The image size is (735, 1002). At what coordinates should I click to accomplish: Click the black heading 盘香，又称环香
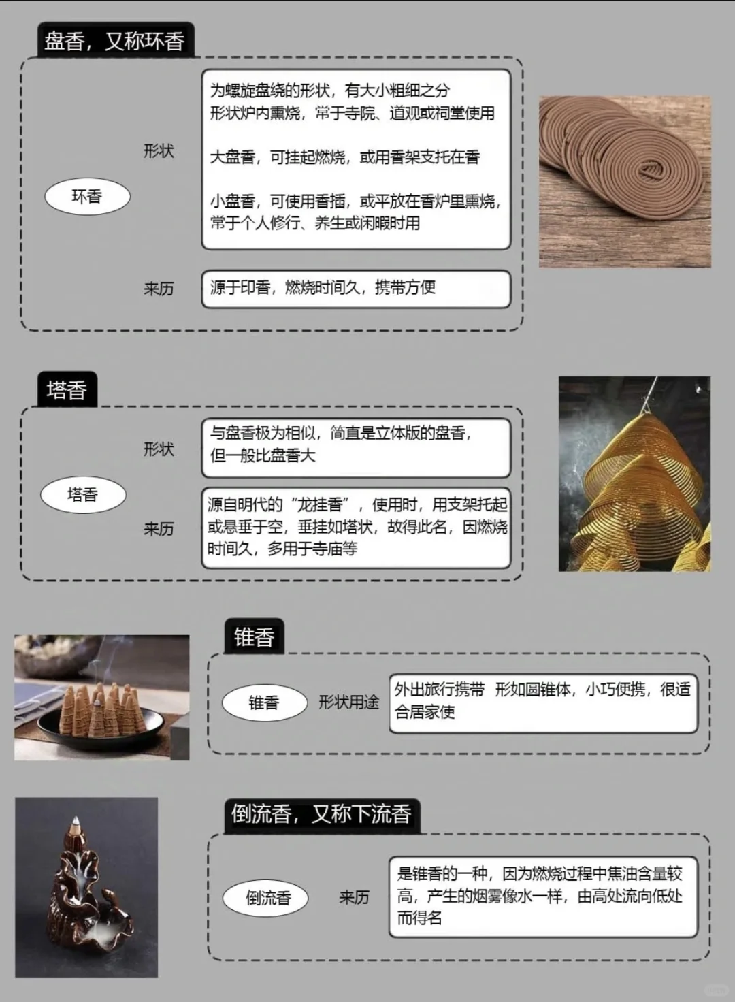(114, 41)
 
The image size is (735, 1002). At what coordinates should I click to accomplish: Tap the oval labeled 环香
(86, 197)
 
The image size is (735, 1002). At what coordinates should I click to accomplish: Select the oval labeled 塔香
(83, 495)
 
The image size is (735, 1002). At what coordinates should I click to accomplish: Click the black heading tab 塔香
(67, 390)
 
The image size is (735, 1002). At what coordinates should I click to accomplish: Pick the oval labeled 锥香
(264, 702)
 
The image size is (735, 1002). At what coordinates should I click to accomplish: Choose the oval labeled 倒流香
(268, 898)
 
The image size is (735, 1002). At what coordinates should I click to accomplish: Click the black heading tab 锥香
(254, 637)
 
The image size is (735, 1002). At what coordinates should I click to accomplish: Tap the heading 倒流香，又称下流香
(321, 814)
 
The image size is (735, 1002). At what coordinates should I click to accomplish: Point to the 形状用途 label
(348, 702)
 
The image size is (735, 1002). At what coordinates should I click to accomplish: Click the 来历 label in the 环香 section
(159, 289)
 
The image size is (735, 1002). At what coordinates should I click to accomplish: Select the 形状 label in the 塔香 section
(159, 449)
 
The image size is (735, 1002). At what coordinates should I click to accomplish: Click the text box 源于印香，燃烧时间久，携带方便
(356, 289)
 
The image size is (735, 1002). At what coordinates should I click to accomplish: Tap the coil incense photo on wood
(625, 182)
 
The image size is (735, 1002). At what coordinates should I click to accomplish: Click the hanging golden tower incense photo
(634, 474)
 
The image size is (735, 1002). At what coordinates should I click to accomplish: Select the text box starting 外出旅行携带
(543, 702)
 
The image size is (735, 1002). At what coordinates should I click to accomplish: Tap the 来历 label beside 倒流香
(354, 898)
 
